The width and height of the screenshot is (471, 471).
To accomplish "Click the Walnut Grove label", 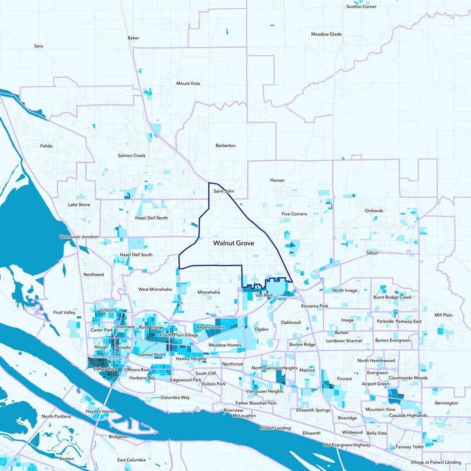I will pyautogui.click(x=234, y=242).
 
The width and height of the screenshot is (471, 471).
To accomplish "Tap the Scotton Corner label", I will pyautogui.click(x=361, y=6).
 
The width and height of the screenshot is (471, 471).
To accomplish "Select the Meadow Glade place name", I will pyautogui.click(x=327, y=34).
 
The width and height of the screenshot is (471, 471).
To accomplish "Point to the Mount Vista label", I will pyautogui.click(x=188, y=84).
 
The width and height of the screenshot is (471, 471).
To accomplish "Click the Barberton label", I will pyautogui.click(x=225, y=145).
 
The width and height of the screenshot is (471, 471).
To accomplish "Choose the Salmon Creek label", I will pyautogui.click(x=131, y=155).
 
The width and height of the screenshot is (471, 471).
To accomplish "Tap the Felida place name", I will pyautogui.click(x=46, y=145).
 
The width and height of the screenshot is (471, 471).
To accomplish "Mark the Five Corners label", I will pyautogui.click(x=294, y=214).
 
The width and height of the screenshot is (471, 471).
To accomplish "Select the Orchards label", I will pyautogui.click(x=373, y=211).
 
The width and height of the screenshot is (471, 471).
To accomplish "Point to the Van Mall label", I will pyautogui.click(x=264, y=295).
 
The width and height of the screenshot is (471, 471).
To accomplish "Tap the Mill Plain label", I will pyautogui.click(x=444, y=315).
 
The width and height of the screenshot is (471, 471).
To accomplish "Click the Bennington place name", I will pyautogui.click(x=446, y=403).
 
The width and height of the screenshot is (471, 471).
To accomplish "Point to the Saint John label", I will pyautogui.click(x=224, y=191).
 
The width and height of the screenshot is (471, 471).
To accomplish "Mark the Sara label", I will pyautogui.click(x=39, y=45).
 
